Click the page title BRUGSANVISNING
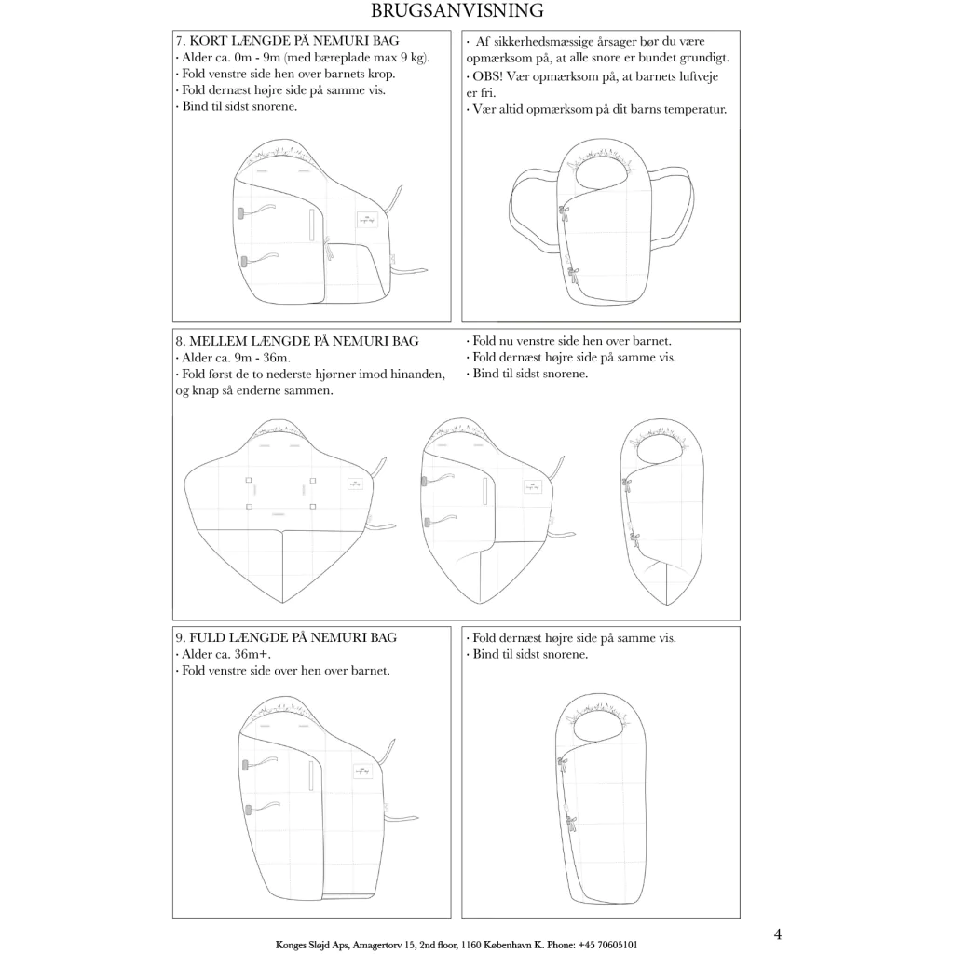(457, 10)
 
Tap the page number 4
(777, 934)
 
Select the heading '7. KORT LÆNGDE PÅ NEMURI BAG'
(288, 41)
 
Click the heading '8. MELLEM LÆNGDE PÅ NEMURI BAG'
(297, 341)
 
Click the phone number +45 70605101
(607, 945)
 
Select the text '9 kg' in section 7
(415, 58)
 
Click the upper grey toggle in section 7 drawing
(241, 213)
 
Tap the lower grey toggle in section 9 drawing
(248, 810)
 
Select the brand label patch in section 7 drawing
(367, 220)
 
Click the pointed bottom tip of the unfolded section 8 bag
(283, 603)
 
